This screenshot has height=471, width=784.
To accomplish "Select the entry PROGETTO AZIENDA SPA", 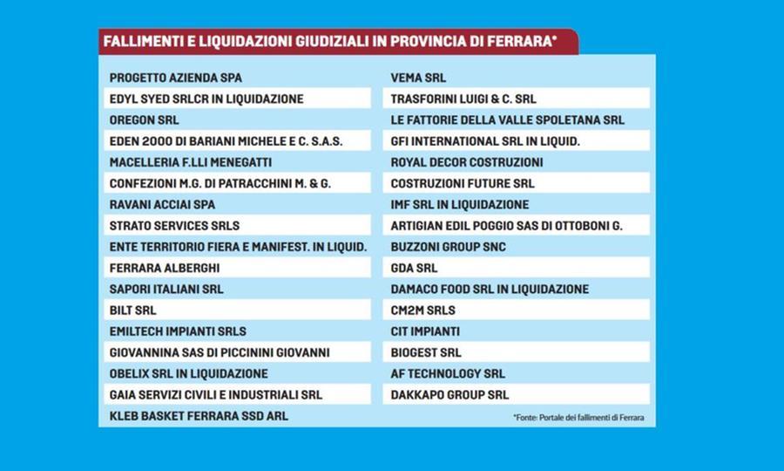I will coord(176,78).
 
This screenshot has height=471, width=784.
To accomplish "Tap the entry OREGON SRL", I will coord(145,120).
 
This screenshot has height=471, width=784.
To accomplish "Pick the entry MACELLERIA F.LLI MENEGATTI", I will coord(191,162).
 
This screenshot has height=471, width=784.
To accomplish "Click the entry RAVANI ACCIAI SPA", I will coord(162,205).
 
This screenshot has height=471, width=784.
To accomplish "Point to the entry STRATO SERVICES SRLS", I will coord(174,226).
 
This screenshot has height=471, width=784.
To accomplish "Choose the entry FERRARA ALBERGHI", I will coord(165,268).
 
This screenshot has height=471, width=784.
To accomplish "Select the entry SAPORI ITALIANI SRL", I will coord(166,289).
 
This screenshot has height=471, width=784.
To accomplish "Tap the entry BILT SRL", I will coord(133,311).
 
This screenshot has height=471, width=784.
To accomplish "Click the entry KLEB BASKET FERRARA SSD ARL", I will coord(199,416).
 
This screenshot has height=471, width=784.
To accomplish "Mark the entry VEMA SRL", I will coord(418,78).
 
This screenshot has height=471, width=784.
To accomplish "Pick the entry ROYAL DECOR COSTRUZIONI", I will coord(467,162).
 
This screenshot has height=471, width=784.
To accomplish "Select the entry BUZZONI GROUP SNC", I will coord(449,247).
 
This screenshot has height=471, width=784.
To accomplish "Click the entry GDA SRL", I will coord(415,268).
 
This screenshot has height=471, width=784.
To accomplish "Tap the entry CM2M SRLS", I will coord(423,311).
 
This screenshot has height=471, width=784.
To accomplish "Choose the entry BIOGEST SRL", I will coord(426,352).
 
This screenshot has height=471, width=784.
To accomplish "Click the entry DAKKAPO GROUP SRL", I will coord(449,395).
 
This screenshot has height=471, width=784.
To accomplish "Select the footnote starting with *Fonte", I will coord(578,418).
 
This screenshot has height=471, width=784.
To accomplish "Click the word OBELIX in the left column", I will coord(130,373).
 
